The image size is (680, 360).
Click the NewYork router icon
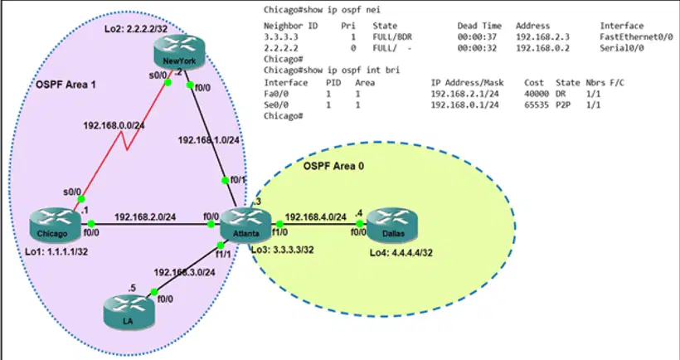(179, 52)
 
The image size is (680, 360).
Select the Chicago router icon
(56, 225)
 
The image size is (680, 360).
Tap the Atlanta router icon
(246, 225)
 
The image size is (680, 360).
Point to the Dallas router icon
(392, 225)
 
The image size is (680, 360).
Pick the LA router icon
(129, 311)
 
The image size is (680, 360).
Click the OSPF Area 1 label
(66, 85)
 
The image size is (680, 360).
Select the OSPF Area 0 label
(333, 166)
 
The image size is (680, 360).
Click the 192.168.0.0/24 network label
(114, 125)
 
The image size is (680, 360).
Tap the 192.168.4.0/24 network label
(316, 216)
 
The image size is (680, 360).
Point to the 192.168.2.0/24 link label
(145, 216)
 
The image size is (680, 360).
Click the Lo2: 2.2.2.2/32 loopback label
(136, 29)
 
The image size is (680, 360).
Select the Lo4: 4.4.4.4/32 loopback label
(401, 252)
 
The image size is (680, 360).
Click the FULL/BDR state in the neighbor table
(392, 36)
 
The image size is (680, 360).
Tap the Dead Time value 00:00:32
(477, 48)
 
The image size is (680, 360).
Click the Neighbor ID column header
(290, 26)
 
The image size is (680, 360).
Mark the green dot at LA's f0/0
(154, 292)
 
